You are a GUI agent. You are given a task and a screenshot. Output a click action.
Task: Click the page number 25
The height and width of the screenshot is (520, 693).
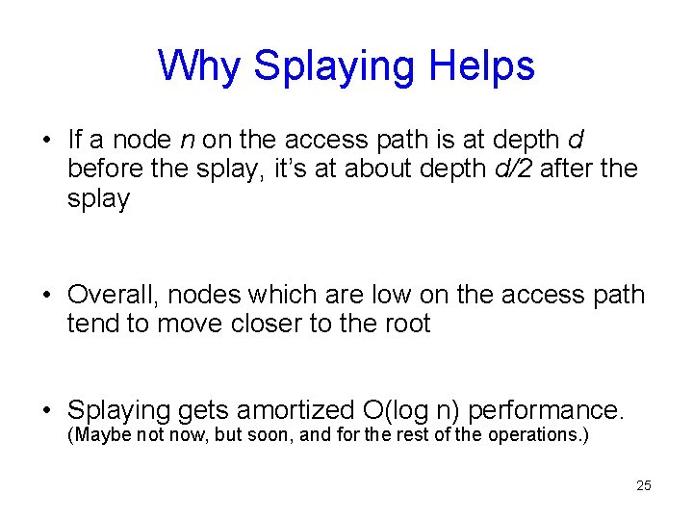tap(644, 485)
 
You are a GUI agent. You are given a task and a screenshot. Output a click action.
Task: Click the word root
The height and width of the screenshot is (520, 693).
tap(404, 324)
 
